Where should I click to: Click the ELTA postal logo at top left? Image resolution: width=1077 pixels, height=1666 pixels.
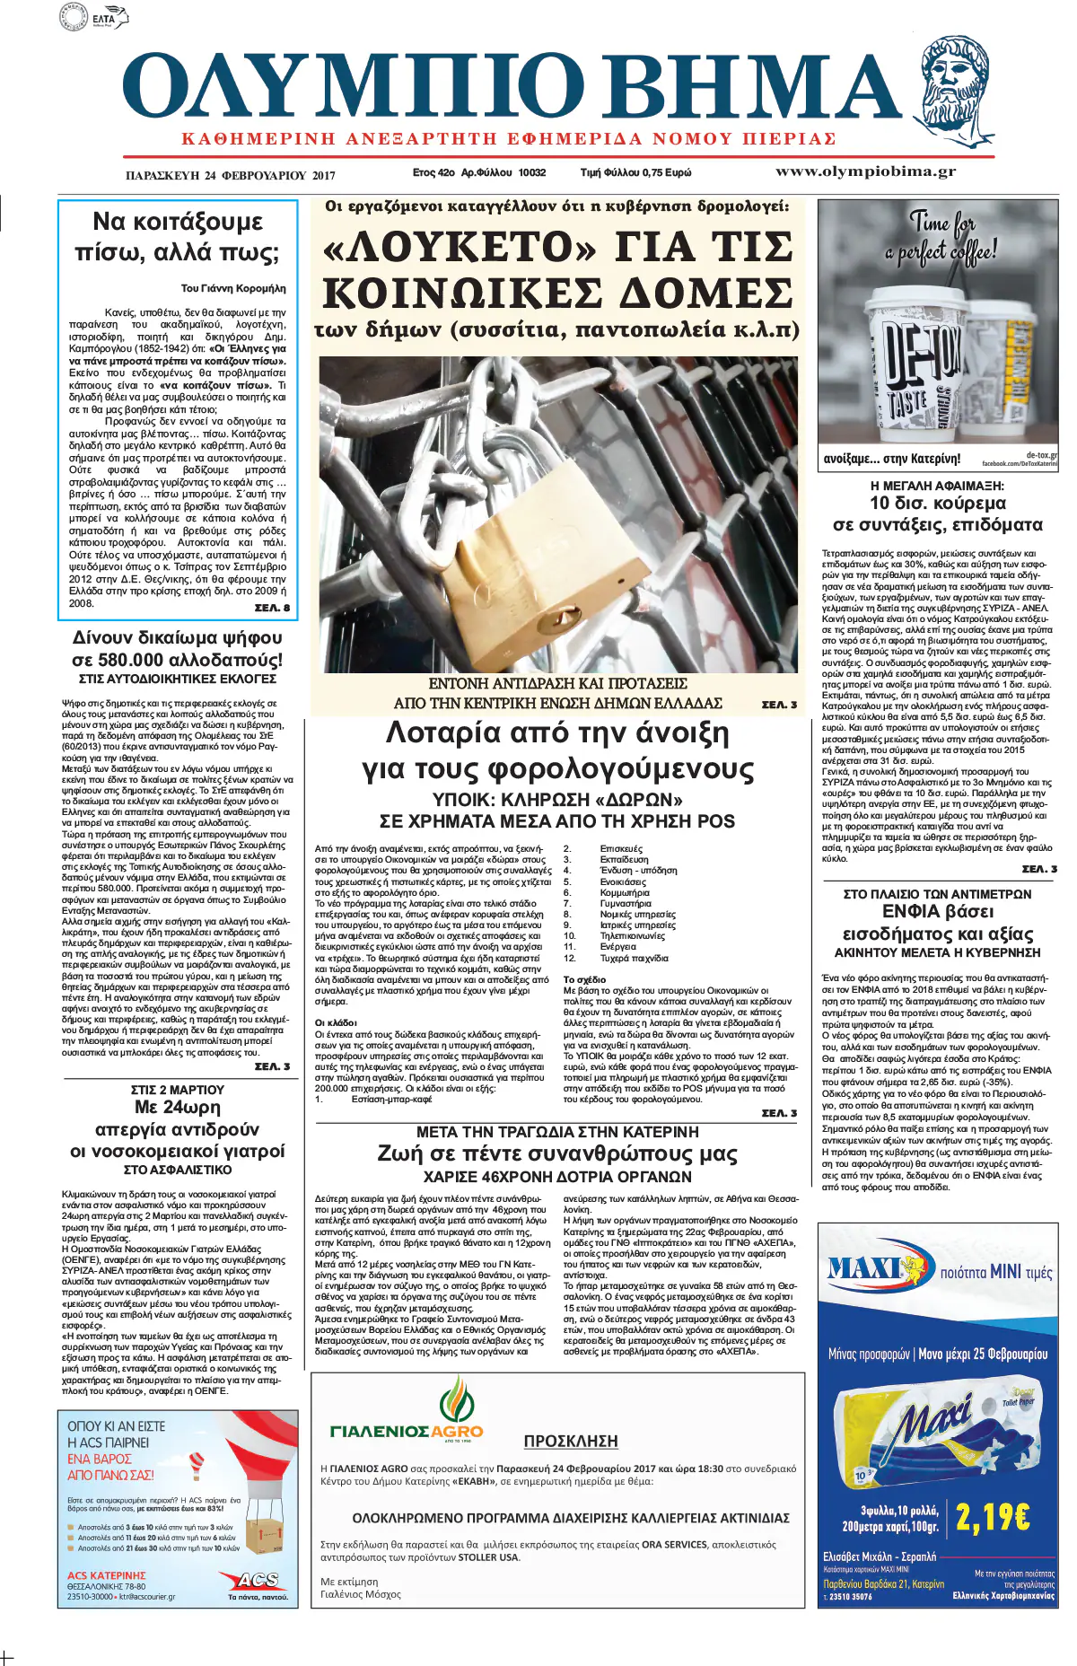pos(93,16)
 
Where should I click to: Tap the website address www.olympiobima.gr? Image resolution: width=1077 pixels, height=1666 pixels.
pos(865,171)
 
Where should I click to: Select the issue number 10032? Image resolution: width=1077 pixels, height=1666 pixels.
pos(531,172)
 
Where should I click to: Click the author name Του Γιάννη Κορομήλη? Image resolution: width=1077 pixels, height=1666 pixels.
pos(233,288)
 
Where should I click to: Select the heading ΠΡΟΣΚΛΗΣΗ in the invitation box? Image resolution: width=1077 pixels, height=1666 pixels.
pos(571,1441)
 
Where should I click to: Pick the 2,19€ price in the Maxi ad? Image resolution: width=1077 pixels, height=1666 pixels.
pos(993,1517)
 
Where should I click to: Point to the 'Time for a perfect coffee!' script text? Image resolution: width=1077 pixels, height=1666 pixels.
pos(941,237)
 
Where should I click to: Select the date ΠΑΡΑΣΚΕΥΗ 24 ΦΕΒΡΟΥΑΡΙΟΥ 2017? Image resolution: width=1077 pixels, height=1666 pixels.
pos(231,176)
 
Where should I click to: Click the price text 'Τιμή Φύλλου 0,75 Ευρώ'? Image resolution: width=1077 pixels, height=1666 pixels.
pos(635,172)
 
